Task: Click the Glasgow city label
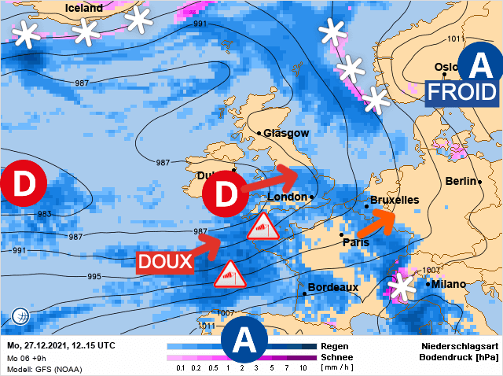tap(287, 134)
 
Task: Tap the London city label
tap(287, 197)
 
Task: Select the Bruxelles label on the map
tap(395, 200)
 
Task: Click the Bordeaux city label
tap(333, 288)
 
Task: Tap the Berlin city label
tap(462, 182)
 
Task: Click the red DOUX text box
tap(166, 261)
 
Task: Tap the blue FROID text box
tap(462, 91)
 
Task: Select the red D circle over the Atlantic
tap(21, 186)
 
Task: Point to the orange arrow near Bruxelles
tap(377, 222)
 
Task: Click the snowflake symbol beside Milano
tap(404, 286)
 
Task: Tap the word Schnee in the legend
tap(339, 357)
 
